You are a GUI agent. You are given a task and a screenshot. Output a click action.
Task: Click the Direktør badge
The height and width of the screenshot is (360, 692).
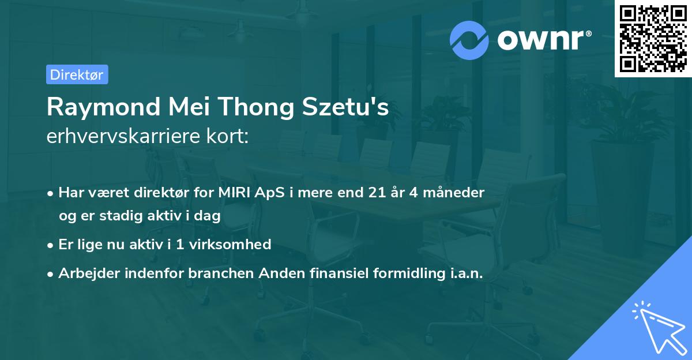coord(77,74)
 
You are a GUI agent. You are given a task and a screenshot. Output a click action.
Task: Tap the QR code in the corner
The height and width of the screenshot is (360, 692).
coord(653,38)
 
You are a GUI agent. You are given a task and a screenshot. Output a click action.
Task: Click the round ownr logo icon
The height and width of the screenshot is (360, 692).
coord(469,40)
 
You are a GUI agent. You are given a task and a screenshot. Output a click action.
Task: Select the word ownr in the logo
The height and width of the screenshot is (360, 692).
coord(540,40)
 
